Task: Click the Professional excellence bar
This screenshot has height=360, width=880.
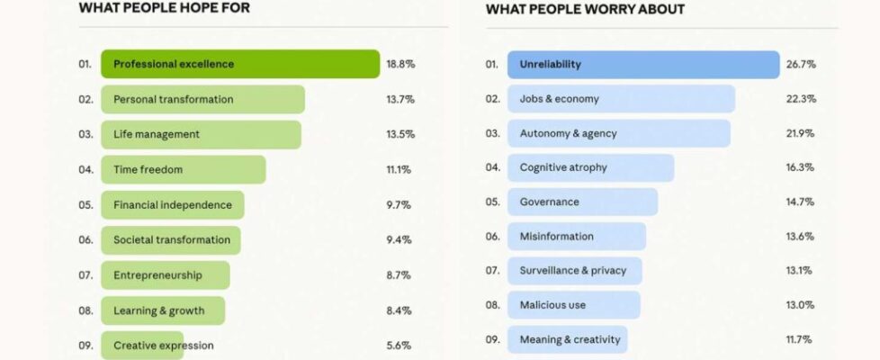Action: [x=240, y=64]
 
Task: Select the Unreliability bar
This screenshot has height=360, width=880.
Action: [x=643, y=65]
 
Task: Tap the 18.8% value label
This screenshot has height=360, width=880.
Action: [x=400, y=64]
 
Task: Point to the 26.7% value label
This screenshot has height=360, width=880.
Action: [x=800, y=65]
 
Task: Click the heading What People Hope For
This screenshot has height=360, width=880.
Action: [x=164, y=8]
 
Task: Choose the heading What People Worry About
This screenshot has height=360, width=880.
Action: [x=585, y=9]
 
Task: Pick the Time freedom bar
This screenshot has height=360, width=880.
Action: [x=184, y=169]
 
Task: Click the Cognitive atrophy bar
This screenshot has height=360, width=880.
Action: [x=590, y=167]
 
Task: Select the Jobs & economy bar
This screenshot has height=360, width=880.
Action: [x=621, y=99]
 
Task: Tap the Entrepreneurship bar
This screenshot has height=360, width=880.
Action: [x=166, y=275]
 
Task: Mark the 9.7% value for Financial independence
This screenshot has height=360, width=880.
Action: [x=399, y=205]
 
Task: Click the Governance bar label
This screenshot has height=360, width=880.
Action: [x=550, y=202]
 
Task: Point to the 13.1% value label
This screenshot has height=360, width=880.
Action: [x=799, y=270]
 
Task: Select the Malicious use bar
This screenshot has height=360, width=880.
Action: [x=574, y=305]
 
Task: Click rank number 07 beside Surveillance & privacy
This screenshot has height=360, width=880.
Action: [x=492, y=270]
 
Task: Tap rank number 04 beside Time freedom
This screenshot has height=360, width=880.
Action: [x=85, y=169]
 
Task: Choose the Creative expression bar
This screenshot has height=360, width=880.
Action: [x=143, y=346]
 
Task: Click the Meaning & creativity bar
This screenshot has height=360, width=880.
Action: [x=568, y=339]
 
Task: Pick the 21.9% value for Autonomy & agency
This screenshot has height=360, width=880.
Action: [x=800, y=133]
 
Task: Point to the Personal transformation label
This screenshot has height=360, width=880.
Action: [x=174, y=99]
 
